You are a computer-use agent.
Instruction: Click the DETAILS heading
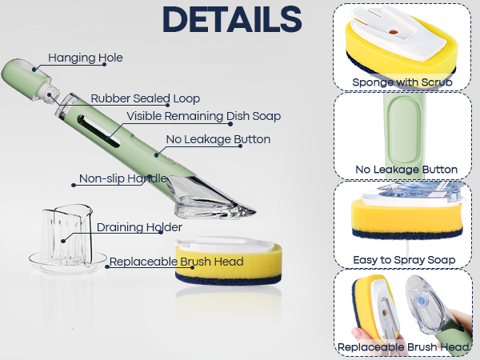pyautogui.click(x=232, y=19)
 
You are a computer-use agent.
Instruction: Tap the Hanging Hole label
pyautogui.click(x=86, y=58)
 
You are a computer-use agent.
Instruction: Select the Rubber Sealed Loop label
pyautogui.click(x=146, y=98)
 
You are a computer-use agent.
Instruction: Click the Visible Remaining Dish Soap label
pyautogui.click(x=203, y=116)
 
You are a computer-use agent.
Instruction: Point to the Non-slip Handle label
pyautogui.click(x=123, y=178)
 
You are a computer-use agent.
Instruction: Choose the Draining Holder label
pyautogui.click(x=139, y=227)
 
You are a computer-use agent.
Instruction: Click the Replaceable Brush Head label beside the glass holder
pyautogui.click(x=177, y=262)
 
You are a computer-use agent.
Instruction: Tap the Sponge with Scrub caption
pyautogui.click(x=402, y=82)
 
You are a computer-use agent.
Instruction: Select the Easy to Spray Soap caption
pyautogui.click(x=404, y=260)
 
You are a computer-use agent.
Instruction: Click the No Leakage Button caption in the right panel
pyautogui.click(x=406, y=170)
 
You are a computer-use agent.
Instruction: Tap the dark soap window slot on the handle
pyautogui.click(x=98, y=131)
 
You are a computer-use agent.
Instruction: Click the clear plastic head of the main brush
pyautogui.click(x=211, y=198)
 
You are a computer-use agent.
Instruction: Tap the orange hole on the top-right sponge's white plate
pyautogui.click(x=393, y=32)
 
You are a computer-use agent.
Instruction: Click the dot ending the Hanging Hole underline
pyautogui.click(x=104, y=64)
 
